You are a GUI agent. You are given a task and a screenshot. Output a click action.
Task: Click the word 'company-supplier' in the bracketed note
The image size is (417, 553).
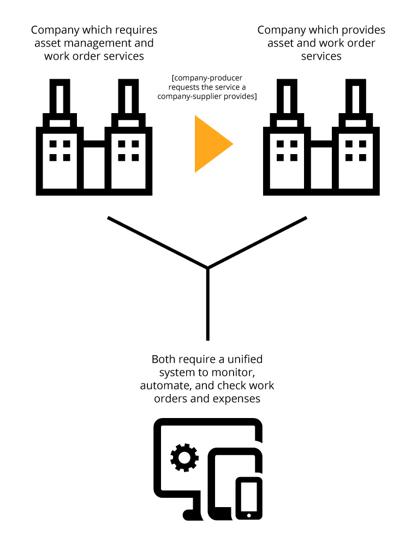(187, 96)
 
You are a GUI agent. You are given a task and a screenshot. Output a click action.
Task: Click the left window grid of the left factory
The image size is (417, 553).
(60, 151)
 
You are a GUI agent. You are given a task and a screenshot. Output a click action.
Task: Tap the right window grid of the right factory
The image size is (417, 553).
(356, 151)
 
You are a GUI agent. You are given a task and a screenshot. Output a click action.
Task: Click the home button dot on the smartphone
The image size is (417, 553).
(249, 515)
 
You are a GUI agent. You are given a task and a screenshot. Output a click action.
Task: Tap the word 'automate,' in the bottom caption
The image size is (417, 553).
(163, 385)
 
